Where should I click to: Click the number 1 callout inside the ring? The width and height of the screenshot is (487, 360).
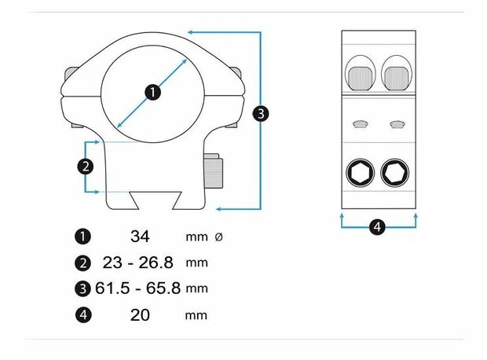point(153,92)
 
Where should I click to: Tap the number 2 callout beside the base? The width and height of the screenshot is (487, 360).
point(86,167)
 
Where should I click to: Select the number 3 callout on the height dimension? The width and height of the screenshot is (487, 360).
point(261,113)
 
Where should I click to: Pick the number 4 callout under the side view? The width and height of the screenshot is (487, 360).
point(377,226)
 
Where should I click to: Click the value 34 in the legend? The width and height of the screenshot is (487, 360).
point(140,237)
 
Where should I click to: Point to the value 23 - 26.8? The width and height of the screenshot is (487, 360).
point(138,263)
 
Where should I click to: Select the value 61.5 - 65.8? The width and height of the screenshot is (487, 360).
point(138,288)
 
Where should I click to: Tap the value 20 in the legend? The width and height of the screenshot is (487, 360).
point(140,315)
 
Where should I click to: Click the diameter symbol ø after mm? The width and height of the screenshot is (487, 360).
point(218,237)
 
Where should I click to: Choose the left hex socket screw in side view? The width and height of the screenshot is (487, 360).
point(360,173)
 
